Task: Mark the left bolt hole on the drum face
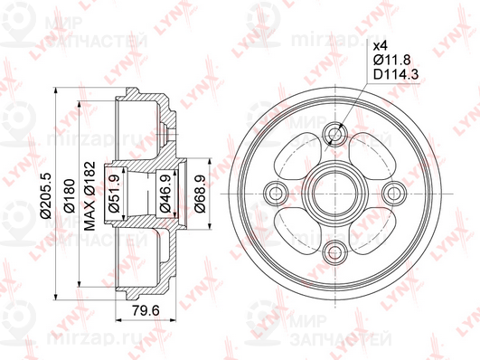click(x=278, y=191)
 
